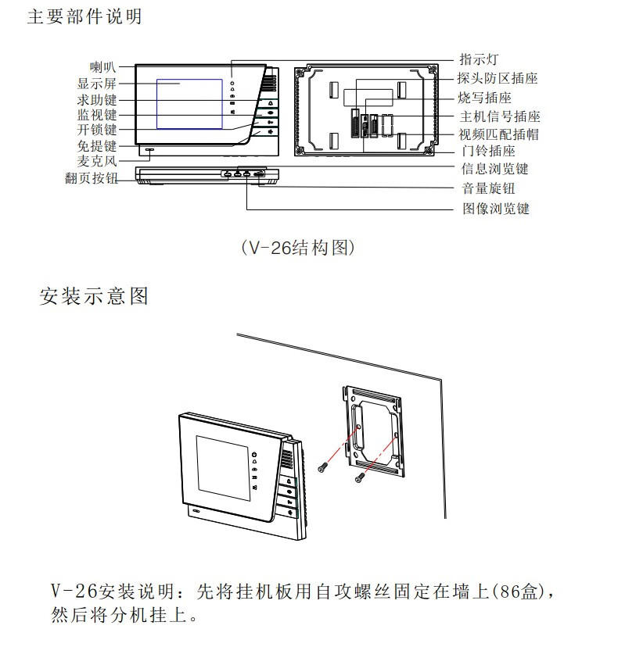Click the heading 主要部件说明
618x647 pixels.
pyautogui.click(x=84, y=16)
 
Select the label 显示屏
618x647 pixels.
pyautogui.click(x=97, y=83)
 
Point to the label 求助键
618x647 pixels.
pyautogui.click(x=97, y=100)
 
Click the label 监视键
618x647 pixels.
pyautogui.click(x=97, y=116)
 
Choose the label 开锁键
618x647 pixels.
pyautogui.click(x=97, y=130)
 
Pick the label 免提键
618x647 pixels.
pyautogui.click(x=97, y=146)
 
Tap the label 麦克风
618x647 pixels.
pyautogui.click(x=97, y=161)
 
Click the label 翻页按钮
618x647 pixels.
pyautogui.click(x=91, y=177)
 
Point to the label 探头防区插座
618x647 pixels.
pyautogui.click(x=498, y=79)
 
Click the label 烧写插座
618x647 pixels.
pyautogui.click(x=485, y=98)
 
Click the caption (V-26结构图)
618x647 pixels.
pyautogui.click(x=300, y=248)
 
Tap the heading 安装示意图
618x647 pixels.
pyautogui.click(x=94, y=296)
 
